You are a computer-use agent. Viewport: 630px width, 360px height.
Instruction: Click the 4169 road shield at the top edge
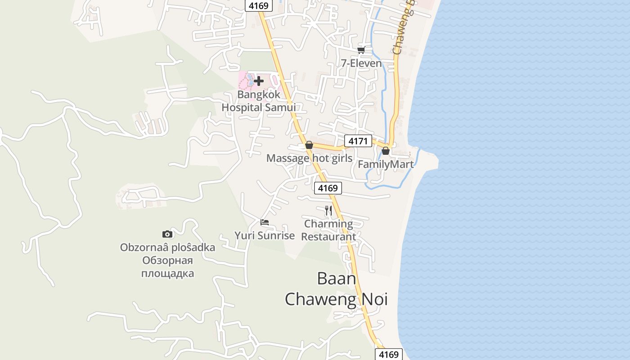coord(259,5)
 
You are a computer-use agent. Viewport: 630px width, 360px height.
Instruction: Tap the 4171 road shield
coord(358,141)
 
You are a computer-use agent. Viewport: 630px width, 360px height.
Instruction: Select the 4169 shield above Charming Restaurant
coord(328,188)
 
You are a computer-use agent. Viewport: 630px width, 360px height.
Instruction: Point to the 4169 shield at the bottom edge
coord(389,354)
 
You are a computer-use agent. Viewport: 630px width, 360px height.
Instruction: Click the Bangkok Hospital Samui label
coord(259,101)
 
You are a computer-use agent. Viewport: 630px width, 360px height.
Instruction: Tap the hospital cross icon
coord(259,81)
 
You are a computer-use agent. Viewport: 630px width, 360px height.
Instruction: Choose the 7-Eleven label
coord(361,63)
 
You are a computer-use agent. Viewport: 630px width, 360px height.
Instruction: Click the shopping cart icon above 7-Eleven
coord(361,50)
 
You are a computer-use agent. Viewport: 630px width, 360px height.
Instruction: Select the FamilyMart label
coord(386,164)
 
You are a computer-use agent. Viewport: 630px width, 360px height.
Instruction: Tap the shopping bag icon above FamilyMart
coord(386,151)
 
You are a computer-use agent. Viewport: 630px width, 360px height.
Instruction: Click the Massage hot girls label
coord(309,158)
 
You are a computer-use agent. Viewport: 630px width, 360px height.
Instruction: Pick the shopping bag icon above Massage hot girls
coord(309,145)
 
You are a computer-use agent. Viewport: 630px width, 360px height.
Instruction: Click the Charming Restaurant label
coord(328,230)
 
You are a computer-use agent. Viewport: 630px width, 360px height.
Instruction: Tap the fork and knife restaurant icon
coord(328,210)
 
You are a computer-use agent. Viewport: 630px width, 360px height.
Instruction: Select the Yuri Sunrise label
coord(265,235)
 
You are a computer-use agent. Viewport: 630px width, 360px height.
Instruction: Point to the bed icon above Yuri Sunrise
coord(265,222)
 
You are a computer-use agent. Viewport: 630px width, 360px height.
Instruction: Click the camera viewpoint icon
coord(167,234)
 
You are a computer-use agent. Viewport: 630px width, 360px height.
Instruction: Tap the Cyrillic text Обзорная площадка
coord(167,267)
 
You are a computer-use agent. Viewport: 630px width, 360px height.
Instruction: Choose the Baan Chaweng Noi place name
coord(337,289)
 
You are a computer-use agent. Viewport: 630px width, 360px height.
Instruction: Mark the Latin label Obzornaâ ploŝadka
coord(167,247)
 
